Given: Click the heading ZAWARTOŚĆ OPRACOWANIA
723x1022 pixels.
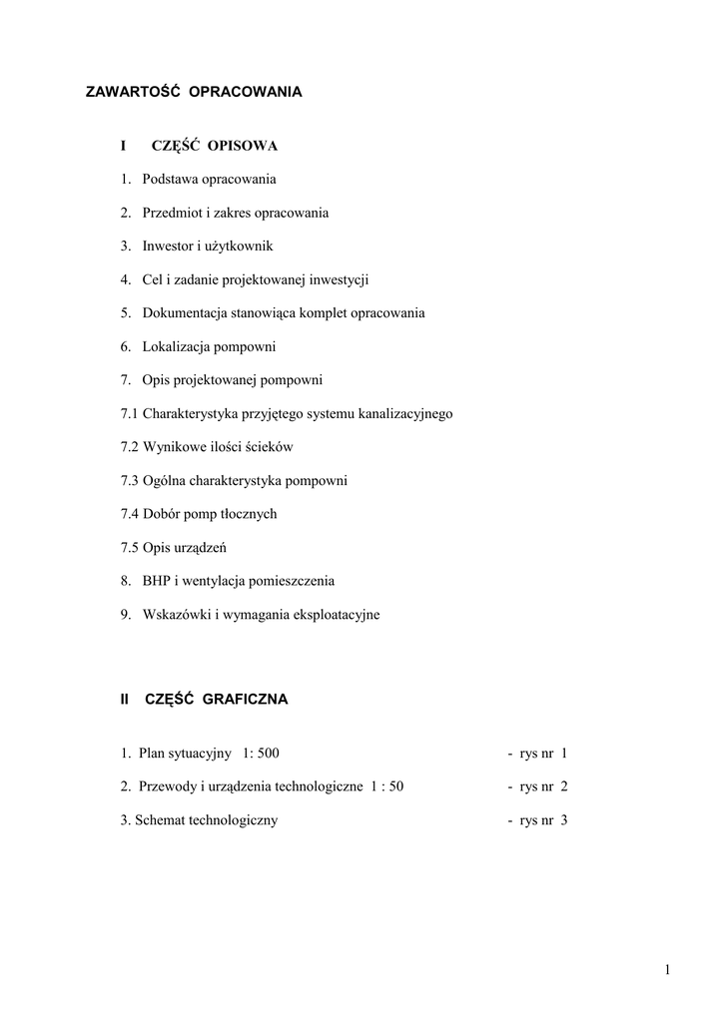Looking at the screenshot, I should pyautogui.click(x=194, y=92).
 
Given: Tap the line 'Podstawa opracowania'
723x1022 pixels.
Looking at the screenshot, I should pyautogui.click(x=209, y=180).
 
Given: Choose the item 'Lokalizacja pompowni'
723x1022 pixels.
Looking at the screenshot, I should pyautogui.click(x=209, y=347).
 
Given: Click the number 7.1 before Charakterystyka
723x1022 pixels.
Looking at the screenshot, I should pyautogui.click(x=130, y=413).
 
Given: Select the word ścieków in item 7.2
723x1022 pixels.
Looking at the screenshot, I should pyautogui.click(x=269, y=447).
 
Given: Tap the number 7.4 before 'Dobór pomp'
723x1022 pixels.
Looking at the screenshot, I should pyautogui.click(x=130, y=514).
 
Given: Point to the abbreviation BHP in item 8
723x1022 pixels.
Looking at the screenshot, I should pyautogui.click(x=158, y=581).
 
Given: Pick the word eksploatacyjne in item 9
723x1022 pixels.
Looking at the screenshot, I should pyautogui.click(x=334, y=615).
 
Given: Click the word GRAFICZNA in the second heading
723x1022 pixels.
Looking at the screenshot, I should pyautogui.click(x=245, y=700).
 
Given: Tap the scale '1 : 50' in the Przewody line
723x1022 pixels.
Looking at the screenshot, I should pyautogui.click(x=386, y=786).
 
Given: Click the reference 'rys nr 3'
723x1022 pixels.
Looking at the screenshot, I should pyautogui.click(x=543, y=820).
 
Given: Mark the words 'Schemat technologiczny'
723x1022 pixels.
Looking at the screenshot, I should pyautogui.click(x=207, y=820).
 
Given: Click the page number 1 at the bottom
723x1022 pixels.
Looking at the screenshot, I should pyautogui.click(x=665, y=969).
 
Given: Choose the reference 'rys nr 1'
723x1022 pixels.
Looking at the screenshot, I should pyautogui.click(x=543, y=754).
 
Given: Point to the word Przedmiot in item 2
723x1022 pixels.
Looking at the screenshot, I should pyautogui.click(x=173, y=214).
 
